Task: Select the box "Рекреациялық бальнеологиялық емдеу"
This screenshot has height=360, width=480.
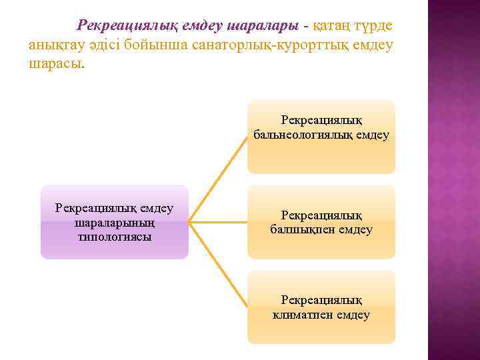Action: coord(321,137)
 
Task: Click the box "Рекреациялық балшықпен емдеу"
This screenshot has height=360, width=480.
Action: coord(321,222)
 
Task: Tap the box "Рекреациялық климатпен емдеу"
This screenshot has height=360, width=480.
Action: coord(321,307)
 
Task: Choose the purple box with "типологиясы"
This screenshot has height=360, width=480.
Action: coord(115,222)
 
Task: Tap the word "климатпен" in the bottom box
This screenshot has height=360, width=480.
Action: coord(303,315)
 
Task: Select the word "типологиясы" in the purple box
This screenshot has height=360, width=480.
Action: coord(115,237)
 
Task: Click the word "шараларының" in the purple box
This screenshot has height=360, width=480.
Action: coord(115,223)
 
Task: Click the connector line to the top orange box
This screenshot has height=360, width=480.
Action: coord(219,179)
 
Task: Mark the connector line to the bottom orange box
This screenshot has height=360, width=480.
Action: coord(219,265)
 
